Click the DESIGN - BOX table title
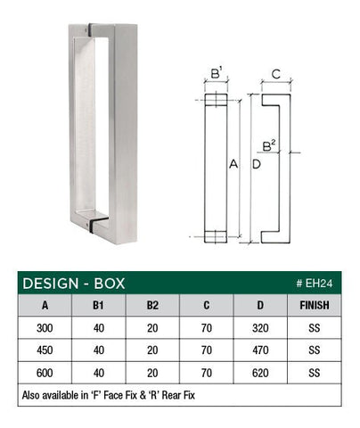click(x=73, y=284)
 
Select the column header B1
click(x=101, y=305)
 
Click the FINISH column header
click(x=314, y=305)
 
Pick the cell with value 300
click(x=45, y=327)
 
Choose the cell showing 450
click(x=45, y=350)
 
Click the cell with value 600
click(x=45, y=372)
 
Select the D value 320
click(x=259, y=327)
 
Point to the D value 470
click(x=259, y=350)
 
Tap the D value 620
click(x=259, y=372)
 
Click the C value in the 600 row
click(x=206, y=372)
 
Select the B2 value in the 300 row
click(x=152, y=327)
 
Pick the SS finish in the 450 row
click(x=314, y=350)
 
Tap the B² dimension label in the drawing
click(x=268, y=144)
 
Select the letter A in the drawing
click(x=233, y=165)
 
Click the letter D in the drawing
click(x=257, y=165)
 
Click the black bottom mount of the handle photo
click(x=94, y=217)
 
